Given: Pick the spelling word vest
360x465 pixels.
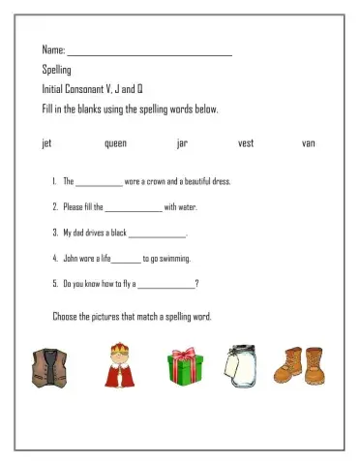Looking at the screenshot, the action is click(246, 143).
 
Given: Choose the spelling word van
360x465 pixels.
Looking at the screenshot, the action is click(309, 143).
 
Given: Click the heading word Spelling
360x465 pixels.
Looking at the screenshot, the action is click(57, 70).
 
